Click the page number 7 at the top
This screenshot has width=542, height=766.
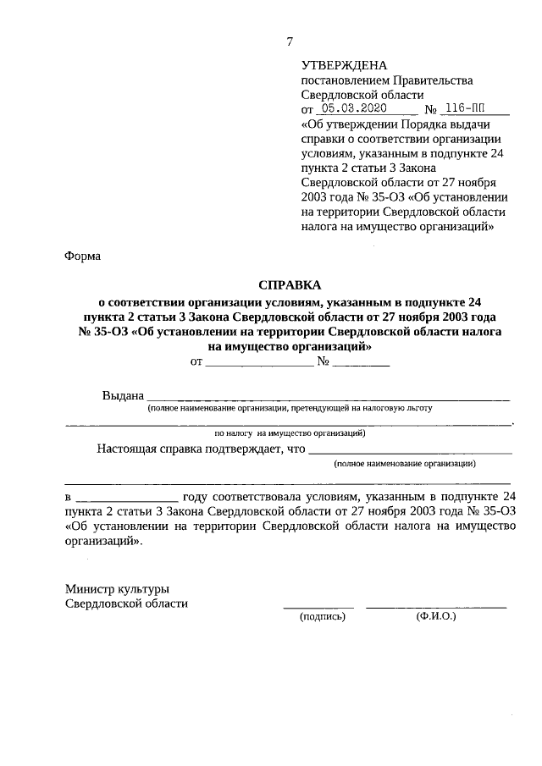click(x=290, y=41)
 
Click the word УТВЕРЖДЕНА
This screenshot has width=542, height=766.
click(x=343, y=65)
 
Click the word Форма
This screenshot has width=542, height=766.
click(x=82, y=256)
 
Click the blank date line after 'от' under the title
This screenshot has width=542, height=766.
click(x=259, y=365)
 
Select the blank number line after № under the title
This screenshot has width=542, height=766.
click(x=361, y=365)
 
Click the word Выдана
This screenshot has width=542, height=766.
click(x=122, y=395)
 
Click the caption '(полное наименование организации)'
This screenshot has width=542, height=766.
click(x=404, y=464)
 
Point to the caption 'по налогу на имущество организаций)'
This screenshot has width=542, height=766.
click(x=290, y=433)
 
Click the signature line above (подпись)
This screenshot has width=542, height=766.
click(x=318, y=607)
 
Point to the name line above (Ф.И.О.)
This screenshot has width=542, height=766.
click(x=436, y=607)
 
